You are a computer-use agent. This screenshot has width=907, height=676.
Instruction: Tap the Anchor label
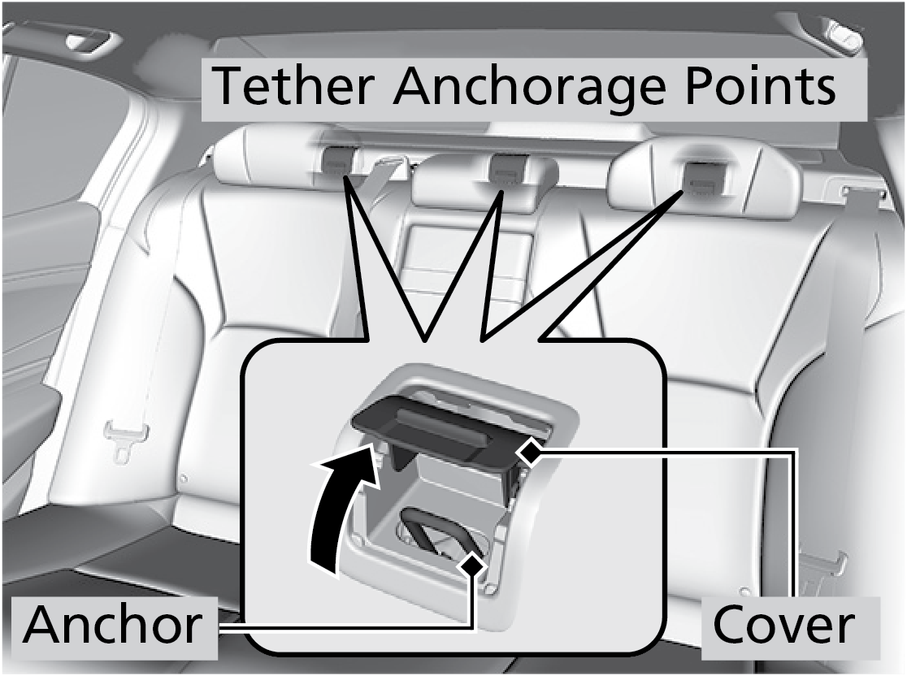click(113, 625)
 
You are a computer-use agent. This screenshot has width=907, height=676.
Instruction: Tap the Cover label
click(783, 625)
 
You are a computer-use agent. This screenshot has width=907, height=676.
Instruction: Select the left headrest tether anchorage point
click(336, 162)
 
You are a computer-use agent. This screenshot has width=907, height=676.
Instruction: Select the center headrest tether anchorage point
click(507, 169)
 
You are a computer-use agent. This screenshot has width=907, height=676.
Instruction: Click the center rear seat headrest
click(484, 180)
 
